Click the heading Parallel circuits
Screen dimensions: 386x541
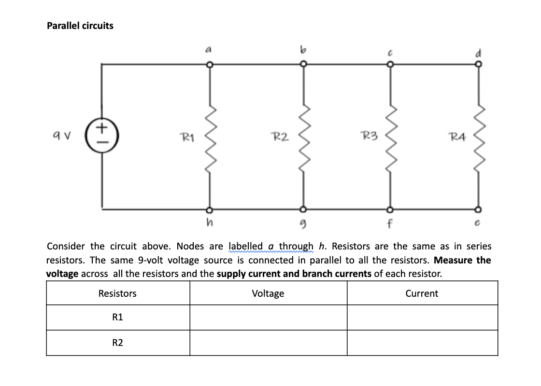(x=80, y=26)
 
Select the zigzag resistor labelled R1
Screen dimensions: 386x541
(x=209, y=138)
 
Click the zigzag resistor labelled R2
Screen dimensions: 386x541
(x=303, y=138)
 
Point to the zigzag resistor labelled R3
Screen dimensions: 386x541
(x=389, y=138)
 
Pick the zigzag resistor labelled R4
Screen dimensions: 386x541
(x=478, y=138)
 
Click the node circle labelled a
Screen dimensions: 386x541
(x=209, y=64)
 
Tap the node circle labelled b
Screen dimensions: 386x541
(x=303, y=64)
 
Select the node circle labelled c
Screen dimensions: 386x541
(x=389, y=64)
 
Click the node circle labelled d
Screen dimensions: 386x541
(x=478, y=64)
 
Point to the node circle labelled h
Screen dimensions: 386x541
(x=209, y=210)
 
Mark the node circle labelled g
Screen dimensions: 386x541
(x=303, y=210)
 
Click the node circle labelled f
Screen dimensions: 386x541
(x=389, y=210)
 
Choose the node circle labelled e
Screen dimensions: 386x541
(x=478, y=210)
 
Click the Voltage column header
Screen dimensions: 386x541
(x=268, y=293)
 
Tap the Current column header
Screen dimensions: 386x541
(x=422, y=293)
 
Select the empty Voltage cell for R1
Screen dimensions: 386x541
(x=268, y=317)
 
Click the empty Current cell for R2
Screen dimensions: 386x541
(x=422, y=343)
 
